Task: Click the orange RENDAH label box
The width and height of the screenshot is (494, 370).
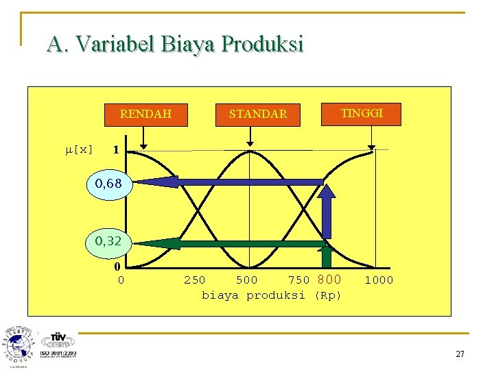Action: coord(145,114)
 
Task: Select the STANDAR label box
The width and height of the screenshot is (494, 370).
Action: coord(258,114)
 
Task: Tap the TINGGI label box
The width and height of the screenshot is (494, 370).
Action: coord(362,114)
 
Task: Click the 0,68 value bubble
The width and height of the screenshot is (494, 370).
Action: coord(108,184)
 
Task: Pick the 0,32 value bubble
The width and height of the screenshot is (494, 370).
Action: coord(108,242)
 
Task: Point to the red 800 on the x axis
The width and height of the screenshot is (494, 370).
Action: coord(329,280)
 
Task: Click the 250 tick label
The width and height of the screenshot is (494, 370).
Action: coord(194,280)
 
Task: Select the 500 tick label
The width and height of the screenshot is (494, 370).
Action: coord(247,280)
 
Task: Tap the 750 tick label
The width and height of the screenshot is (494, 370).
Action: coord(298,280)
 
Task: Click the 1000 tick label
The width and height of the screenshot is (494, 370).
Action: coord(379,280)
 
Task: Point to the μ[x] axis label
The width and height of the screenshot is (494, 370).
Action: coord(79,149)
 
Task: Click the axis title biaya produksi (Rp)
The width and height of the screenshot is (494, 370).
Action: coord(271,295)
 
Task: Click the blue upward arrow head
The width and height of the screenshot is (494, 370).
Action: coord(328,194)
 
